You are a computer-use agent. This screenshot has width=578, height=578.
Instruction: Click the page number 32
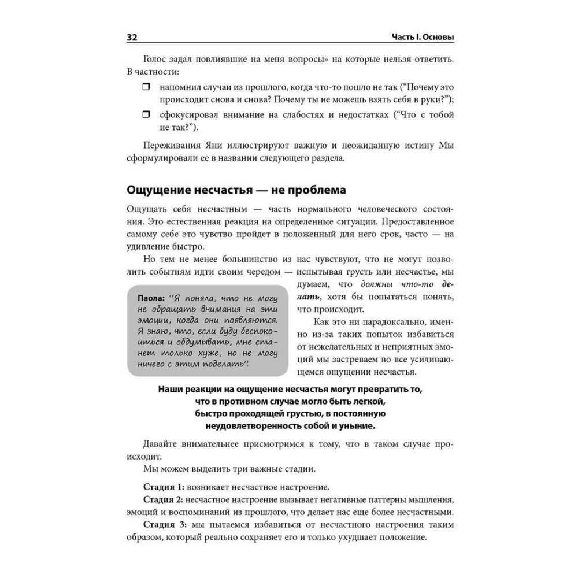[131, 38]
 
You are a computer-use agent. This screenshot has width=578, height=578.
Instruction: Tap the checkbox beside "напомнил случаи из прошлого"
[146, 87]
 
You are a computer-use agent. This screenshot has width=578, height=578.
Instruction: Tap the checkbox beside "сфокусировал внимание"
[146, 115]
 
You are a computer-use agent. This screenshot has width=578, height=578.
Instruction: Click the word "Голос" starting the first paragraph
[153, 60]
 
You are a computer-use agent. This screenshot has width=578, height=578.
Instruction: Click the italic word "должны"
[377, 284]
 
